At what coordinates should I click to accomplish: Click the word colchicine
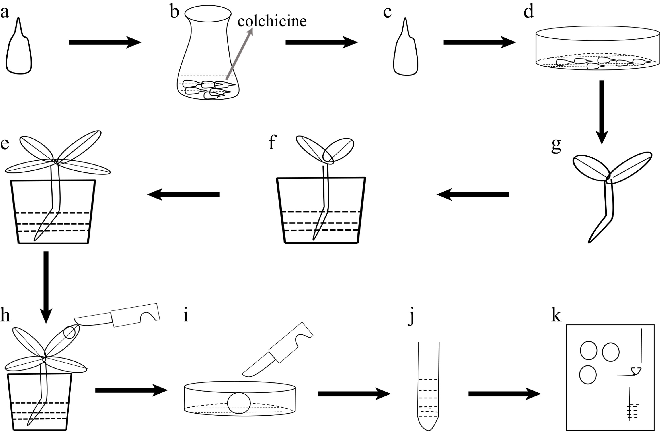coord(272,21)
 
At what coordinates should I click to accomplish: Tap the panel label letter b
coord(175,12)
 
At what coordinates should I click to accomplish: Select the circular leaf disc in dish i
coord(239,403)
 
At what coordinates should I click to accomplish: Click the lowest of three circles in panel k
coord(588,375)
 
